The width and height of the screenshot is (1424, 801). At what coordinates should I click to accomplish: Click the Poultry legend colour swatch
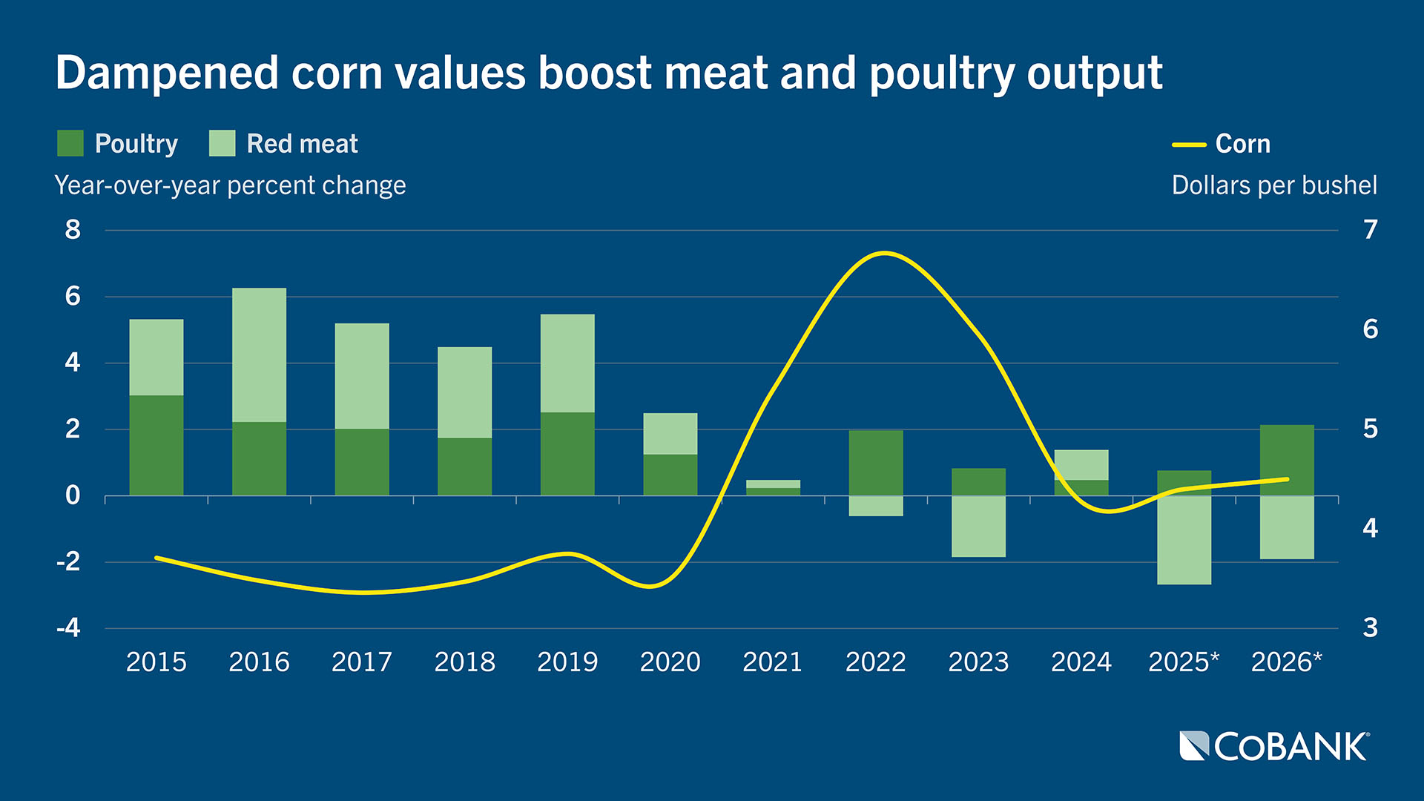[x=70, y=143]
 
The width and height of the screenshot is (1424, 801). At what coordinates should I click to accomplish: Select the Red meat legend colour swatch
[x=222, y=143]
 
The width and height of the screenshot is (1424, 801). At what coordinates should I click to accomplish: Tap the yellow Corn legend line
[x=1189, y=145]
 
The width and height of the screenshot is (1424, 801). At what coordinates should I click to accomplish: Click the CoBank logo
[x=1274, y=747]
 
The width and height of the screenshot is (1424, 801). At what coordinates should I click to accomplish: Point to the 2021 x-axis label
[x=772, y=662]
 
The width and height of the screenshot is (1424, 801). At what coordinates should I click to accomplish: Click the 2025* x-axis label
[x=1183, y=662]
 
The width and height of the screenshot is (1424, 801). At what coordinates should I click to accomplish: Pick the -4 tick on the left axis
[x=68, y=628]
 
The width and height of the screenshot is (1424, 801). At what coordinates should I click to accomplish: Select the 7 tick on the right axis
[x=1370, y=230]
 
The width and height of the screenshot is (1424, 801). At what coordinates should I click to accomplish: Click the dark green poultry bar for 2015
[x=156, y=445]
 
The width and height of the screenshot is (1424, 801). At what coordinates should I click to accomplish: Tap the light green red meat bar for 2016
[x=259, y=355]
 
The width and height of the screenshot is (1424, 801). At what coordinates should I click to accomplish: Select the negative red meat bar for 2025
[x=1184, y=540]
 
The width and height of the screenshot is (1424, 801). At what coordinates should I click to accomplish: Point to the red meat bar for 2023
[x=978, y=526]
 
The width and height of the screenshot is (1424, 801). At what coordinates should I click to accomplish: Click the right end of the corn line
[x=1287, y=479]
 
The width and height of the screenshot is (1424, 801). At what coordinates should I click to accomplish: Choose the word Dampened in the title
[x=166, y=73]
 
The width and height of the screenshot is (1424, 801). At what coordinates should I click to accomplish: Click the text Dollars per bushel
[x=1273, y=185]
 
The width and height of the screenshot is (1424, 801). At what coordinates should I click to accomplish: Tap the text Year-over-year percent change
[x=230, y=185]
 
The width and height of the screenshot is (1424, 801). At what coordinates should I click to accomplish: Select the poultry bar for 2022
[x=876, y=462]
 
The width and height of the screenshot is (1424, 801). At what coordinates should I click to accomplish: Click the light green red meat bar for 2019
[x=567, y=363]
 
